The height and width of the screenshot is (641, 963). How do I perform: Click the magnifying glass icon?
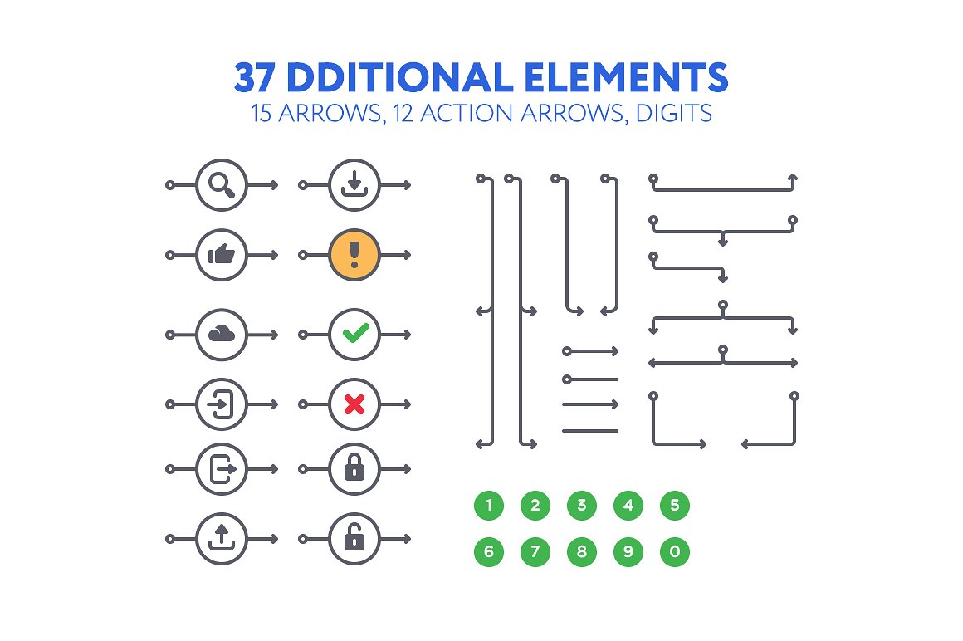[x=222, y=184]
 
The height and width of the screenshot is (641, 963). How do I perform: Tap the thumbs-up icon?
[x=222, y=254]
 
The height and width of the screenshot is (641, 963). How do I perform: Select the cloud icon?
[x=222, y=335]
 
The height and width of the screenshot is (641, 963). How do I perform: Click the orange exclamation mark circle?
[x=354, y=254]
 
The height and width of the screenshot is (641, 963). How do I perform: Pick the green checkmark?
[x=354, y=335]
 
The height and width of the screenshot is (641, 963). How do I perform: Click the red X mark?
[x=354, y=404]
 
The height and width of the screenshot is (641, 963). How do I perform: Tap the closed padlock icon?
[x=354, y=469]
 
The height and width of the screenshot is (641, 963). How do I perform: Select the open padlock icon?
[x=354, y=539]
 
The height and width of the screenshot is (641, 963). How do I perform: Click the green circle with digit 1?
[x=489, y=505]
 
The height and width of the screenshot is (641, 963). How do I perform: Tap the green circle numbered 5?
[x=675, y=505]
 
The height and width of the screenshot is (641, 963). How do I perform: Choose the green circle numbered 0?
[x=675, y=551]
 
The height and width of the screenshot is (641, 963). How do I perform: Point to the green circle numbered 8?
[x=582, y=551]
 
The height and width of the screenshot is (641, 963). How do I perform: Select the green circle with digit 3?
[x=582, y=505]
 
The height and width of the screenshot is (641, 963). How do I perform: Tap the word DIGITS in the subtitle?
[x=674, y=114]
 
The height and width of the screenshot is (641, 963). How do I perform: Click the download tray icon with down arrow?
[x=354, y=184]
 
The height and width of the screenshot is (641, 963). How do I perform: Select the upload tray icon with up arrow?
[x=222, y=539]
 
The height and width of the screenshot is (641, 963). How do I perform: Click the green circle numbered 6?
[x=489, y=551]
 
